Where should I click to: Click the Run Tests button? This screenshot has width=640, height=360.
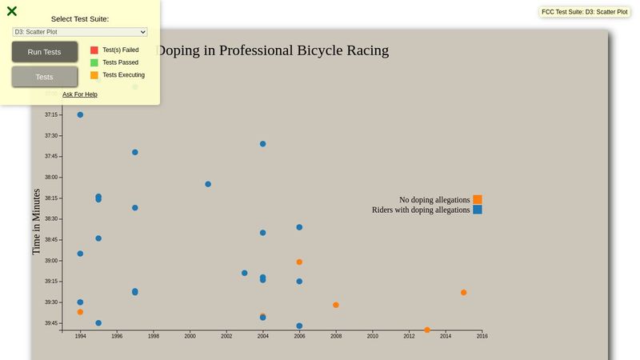point(45,52)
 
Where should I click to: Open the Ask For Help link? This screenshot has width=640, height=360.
point(80,94)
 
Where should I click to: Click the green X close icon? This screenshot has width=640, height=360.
point(12,11)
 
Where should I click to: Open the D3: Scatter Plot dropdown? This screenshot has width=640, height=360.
point(80,32)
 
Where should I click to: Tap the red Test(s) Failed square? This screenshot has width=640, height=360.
point(94,50)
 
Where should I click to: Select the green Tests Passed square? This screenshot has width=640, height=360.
point(94,62)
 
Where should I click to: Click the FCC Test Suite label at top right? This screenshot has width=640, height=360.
point(584,12)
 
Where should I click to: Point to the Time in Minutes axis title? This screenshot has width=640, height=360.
point(36,222)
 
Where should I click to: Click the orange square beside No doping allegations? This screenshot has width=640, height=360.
point(478,199)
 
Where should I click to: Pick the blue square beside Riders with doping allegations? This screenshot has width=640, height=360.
point(478,210)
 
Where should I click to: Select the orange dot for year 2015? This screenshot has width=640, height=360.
point(464,293)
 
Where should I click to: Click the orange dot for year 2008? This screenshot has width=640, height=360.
point(336,305)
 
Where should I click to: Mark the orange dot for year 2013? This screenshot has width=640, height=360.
point(427,330)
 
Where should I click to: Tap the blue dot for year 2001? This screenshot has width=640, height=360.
point(208,184)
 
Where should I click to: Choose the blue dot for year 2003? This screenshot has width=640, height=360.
point(245,273)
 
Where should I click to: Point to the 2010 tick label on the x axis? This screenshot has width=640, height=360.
point(373,336)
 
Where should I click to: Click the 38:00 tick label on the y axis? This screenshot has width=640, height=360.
point(51,178)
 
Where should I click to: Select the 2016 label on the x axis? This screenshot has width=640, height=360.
point(482,336)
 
